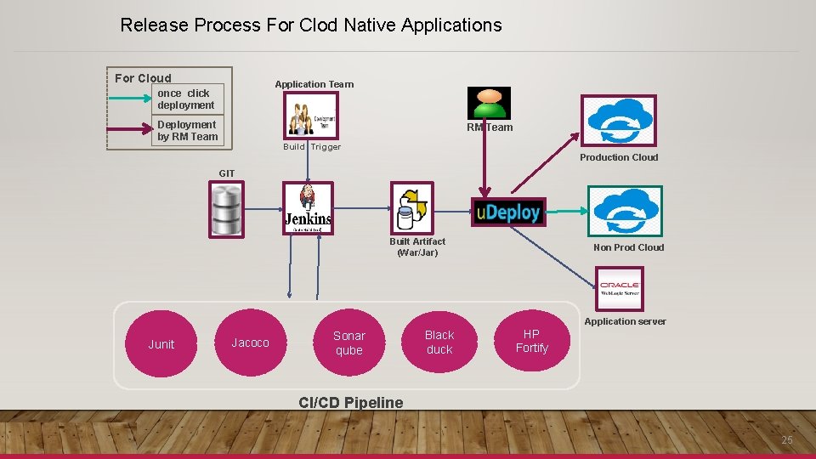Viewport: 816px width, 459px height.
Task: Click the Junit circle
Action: pos(161,344)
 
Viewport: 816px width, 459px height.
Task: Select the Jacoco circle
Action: pos(250,343)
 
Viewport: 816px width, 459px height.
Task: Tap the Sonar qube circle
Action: pos(348,343)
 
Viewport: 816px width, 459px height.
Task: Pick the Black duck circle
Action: pos(439,342)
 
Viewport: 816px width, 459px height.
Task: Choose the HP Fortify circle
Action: pos(531,341)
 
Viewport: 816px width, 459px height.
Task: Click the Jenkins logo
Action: pos(308,208)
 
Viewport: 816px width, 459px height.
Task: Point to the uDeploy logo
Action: pos(507,212)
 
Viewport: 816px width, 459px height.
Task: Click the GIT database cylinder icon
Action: pos(226,210)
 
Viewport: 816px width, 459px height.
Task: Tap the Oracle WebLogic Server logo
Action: pos(620,287)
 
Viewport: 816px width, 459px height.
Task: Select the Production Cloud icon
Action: pos(618,120)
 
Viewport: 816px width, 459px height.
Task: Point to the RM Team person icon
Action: pos(489,103)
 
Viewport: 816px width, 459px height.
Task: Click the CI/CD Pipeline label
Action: pos(351,402)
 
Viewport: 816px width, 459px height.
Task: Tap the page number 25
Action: pos(786,439)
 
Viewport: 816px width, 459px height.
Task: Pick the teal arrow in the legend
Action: pos(131,99)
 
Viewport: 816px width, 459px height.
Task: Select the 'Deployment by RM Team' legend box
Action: pos(188,131)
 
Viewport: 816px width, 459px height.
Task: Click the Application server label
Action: pos(625,321)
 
